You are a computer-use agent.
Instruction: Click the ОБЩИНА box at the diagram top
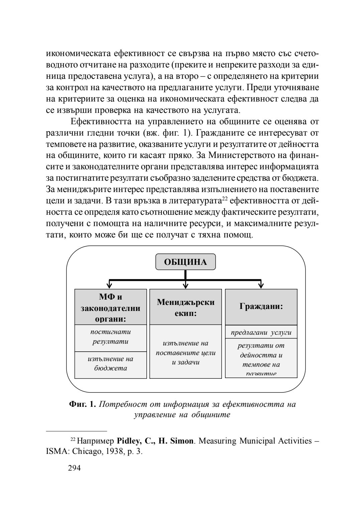coord(186,262)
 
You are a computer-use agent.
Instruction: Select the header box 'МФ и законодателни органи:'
coord(110,307)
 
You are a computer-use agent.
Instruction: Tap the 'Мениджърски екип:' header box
coord(186,307)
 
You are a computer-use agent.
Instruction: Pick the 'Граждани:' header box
coord(261,307)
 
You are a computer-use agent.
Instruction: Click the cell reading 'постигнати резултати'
coord(110,338)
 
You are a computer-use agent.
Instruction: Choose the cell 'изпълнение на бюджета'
coord(110,364)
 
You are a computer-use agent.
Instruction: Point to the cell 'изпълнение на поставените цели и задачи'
coord(186,352)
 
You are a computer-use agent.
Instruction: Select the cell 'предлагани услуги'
coord(261,332)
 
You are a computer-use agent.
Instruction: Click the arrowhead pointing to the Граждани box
coord(261,285)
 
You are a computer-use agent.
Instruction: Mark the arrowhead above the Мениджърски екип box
coord(186,285)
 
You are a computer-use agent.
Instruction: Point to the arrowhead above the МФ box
coord(109,285)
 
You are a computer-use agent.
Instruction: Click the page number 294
coord(74,468)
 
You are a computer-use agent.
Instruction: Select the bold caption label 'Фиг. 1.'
coord(83,404)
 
